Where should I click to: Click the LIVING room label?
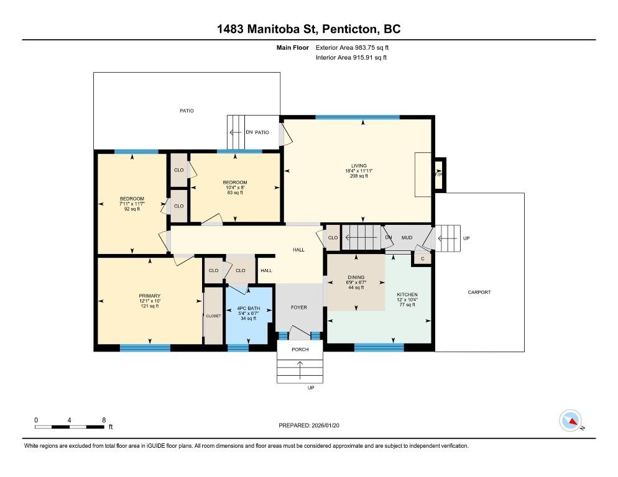[x=359, y=166]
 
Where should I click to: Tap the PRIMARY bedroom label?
[x=150, y=296]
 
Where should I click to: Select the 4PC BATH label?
[x=248, y=309]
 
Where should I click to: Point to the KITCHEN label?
[x=407, y=294]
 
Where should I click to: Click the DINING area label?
[x=356, y=277]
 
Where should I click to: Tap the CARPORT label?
[x=479, y=293]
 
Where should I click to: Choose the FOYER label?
[x=299, y=307]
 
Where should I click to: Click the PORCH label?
[x=300, y=350]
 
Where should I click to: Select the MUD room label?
[x=407, y=237]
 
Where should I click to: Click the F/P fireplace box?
[x=440, y=175]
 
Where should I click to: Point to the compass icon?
[x=570, y=420]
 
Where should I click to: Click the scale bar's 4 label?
[x=69, y=420]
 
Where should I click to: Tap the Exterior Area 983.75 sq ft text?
[x=352, y=48]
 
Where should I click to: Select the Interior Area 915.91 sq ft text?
[x=351, y=58]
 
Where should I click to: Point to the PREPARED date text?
[x=309, y=425]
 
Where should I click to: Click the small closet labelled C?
[x=423, y=259]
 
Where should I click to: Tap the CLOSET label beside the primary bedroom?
[x=214, y=316]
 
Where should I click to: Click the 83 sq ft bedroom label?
[x=235, y=193]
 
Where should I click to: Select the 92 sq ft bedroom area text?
[x=132, y=209]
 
